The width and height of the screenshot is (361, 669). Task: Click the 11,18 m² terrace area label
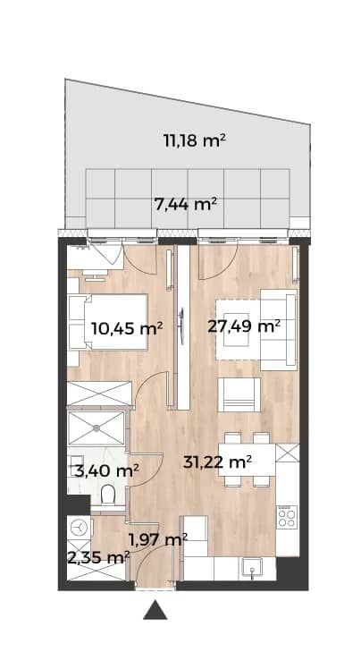tap(195, 140)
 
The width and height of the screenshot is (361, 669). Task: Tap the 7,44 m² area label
tap(186, 205)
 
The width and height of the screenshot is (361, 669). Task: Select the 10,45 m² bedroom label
tap(127, 328)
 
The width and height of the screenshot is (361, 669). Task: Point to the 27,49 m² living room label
tap(244, 326)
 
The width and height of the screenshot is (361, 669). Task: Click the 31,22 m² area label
tap(217, 462)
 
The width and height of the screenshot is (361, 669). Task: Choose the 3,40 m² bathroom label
tap(107, 471)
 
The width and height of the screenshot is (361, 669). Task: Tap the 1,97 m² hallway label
tap(158, 539)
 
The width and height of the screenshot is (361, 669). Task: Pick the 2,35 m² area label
tap(98, 557)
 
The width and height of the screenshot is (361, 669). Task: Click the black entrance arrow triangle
tap(155, 611)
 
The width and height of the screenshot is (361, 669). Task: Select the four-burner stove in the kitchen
tap(287, 517)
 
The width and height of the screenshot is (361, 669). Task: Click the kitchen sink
tap(254, 569)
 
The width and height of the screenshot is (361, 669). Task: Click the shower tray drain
tap(97, 427)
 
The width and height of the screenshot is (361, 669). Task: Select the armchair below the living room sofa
tap(239, 395)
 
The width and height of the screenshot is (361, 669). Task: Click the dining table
tap(248, 460)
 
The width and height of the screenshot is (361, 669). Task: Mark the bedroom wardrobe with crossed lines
tap(100, 393)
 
